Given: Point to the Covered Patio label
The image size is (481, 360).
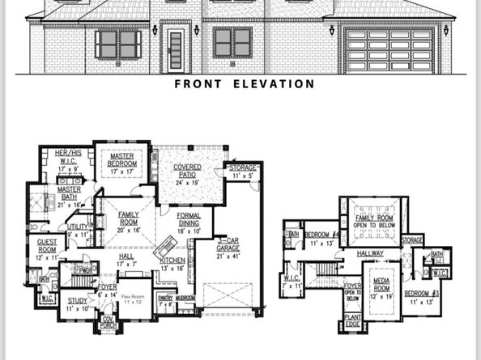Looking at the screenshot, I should [187, 172].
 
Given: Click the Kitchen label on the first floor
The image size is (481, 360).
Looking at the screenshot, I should [172, 264].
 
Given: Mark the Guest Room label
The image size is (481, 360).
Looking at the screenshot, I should [47, 253].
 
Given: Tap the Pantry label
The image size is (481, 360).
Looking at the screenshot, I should [165, 301].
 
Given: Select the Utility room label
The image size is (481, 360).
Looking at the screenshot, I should [78, 231].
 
